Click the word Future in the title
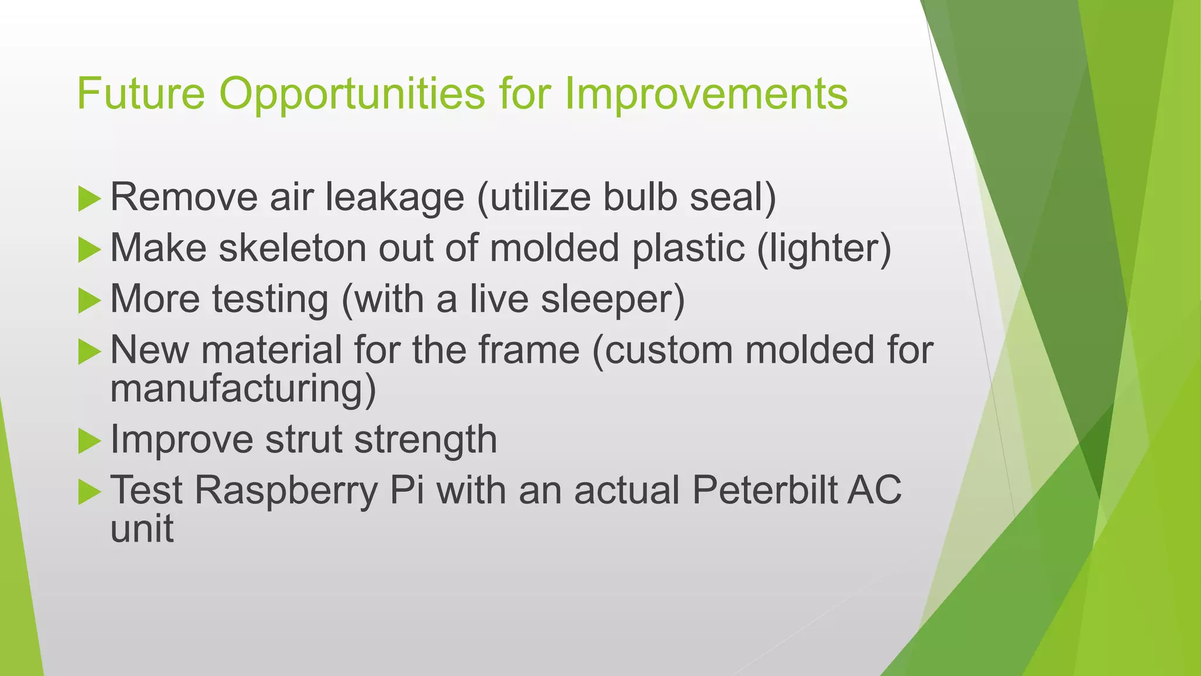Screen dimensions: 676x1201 click(141, 93)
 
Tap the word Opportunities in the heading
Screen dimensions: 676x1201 click(352, 94)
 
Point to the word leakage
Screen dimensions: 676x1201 click(395, 198)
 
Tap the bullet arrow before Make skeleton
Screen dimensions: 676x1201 click(89, 249)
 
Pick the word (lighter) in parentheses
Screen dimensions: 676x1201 click(824, 249)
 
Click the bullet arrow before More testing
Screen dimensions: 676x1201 click(89, 300)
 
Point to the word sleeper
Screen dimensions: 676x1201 click(612, 300)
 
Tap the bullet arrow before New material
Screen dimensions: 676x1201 click(89, 351)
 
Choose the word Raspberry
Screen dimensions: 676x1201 click(286, 491)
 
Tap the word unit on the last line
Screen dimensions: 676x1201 click(142, 528)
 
